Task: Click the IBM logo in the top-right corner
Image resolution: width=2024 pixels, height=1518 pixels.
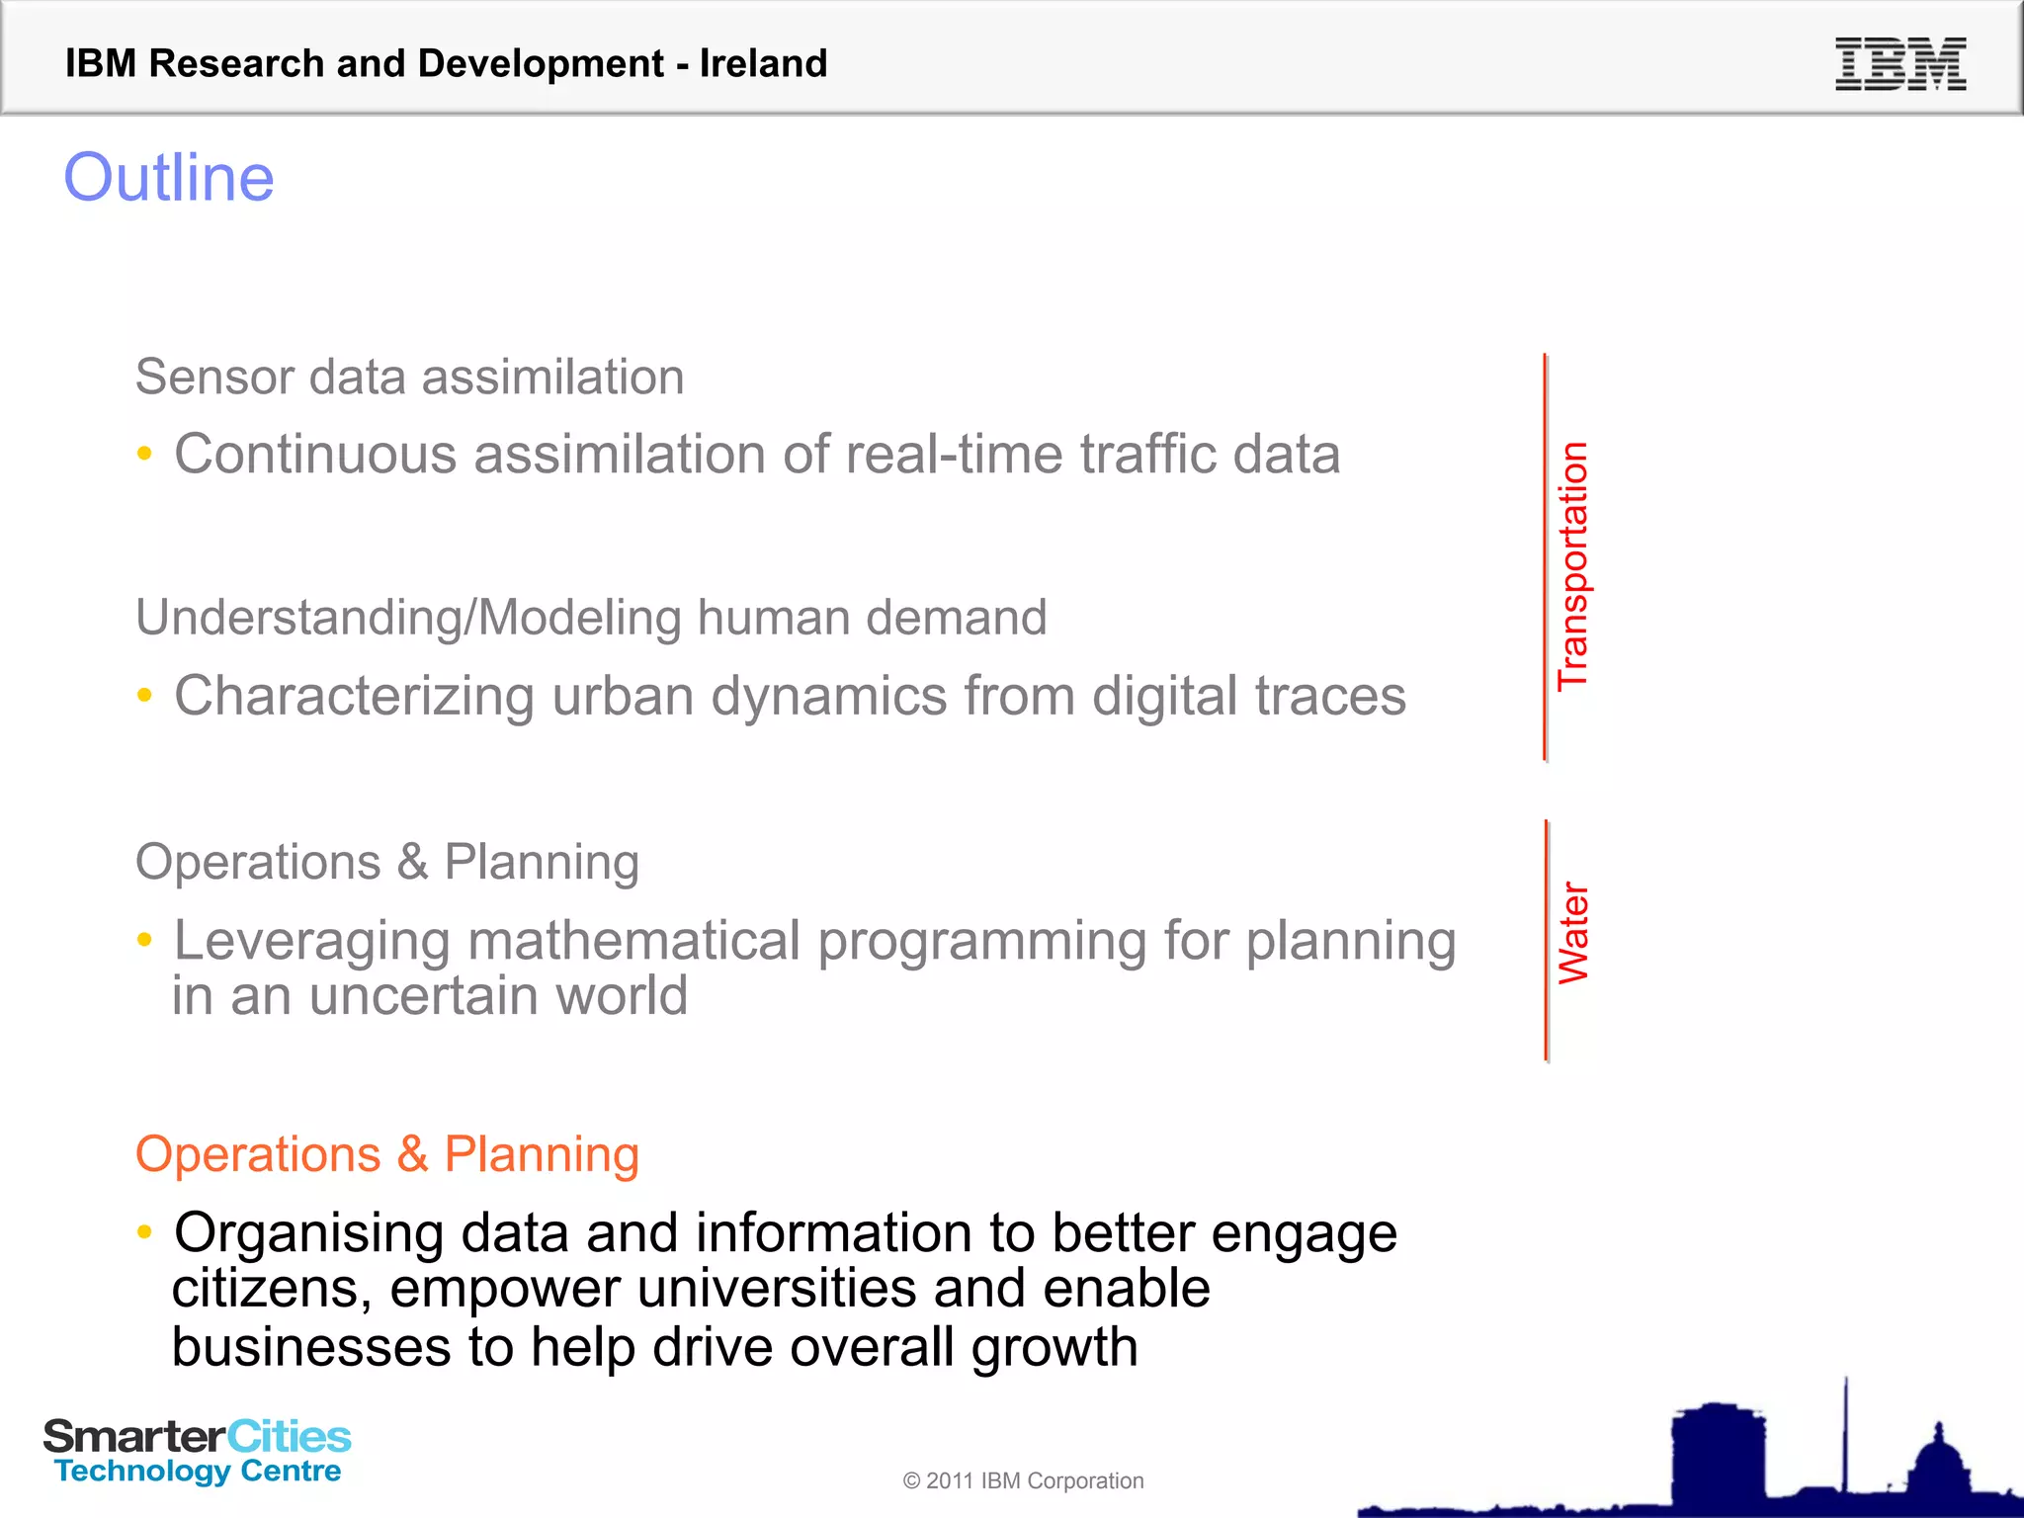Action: tap(1899, 64)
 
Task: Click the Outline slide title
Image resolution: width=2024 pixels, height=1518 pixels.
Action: tap(169, 178)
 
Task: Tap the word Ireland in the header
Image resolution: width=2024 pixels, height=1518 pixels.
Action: tap(763, 63)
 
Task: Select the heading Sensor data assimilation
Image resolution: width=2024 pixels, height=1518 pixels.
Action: tap(409, 377)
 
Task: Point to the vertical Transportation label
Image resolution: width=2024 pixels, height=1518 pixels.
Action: tap(1572, 565)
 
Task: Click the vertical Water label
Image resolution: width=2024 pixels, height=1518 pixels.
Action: tap(1572, 933)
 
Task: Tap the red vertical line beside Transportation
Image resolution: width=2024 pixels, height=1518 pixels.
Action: tap(1546, 557)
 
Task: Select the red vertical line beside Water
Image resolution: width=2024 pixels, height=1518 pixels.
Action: tap(1546, 941)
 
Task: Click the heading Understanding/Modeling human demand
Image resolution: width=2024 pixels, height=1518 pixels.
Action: tap(591, 618)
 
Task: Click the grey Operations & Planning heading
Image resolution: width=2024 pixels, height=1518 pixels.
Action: tap(387, 862)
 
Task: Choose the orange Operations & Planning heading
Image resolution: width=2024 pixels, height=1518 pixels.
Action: tap(387, 1154)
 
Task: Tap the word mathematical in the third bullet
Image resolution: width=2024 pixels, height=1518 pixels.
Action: tap(633, 940)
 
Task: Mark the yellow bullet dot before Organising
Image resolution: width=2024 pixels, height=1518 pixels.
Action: tap(145, 1231)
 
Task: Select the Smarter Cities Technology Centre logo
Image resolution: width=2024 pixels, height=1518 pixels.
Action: tap(198, 1451)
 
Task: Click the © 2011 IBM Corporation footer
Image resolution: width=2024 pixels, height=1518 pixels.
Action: tap(1023, 1480)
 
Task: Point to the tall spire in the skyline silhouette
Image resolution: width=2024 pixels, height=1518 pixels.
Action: tap(1844, 1433)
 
